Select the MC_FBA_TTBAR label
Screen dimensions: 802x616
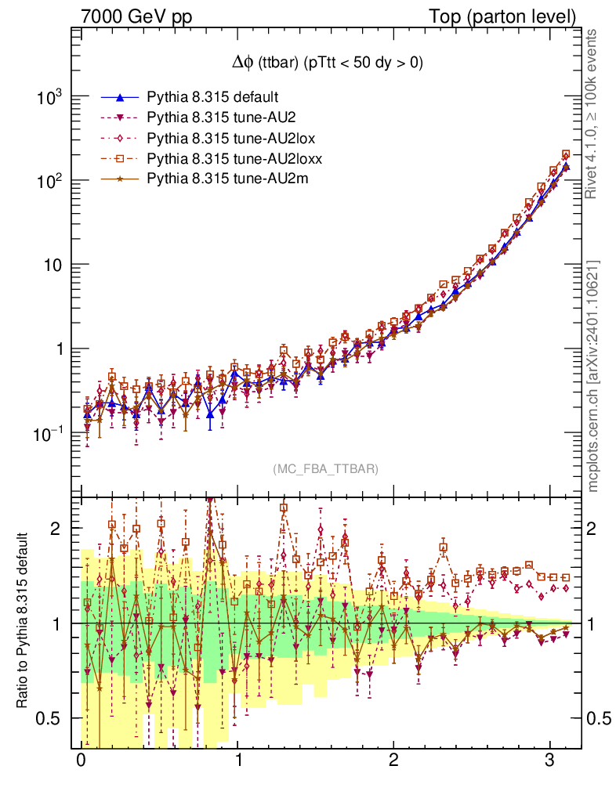[x=326, y=469]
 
